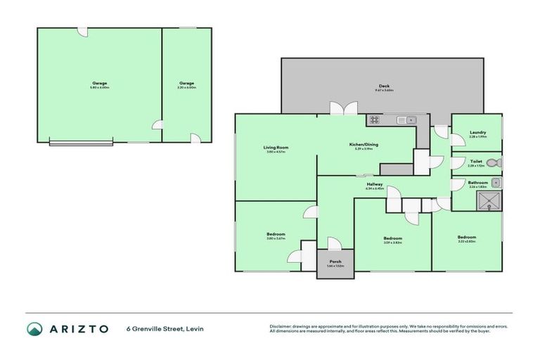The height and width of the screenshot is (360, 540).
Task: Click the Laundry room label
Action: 477,132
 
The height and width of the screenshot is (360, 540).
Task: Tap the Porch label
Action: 334,262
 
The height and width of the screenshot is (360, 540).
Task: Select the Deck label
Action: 383,86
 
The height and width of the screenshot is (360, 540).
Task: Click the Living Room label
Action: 276,147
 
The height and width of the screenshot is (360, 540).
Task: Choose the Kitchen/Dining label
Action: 363,146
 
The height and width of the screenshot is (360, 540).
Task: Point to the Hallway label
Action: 374,184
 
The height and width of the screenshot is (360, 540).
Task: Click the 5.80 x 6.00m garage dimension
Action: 99,87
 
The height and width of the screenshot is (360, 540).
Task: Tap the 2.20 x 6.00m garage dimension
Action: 186,87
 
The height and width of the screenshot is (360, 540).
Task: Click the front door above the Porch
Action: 334,244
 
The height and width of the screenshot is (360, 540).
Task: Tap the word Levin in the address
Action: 193,328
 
